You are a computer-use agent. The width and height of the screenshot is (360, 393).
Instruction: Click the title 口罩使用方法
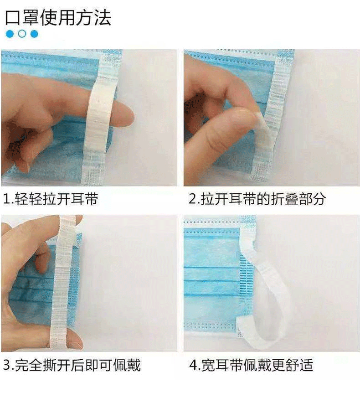point(58,17)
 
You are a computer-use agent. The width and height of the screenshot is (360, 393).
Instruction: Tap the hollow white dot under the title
point(22,34)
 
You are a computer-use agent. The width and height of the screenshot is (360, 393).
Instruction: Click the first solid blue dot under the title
point(10,34)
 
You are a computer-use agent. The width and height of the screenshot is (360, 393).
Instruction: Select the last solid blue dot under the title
point(34,34)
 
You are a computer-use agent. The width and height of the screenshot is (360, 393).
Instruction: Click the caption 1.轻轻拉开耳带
point(51,199)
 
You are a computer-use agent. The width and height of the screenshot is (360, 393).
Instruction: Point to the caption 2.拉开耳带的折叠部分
point(257,199)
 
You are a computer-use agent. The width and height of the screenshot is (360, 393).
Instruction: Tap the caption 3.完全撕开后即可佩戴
point(72,365)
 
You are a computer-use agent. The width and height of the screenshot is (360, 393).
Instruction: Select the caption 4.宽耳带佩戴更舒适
point(251,365)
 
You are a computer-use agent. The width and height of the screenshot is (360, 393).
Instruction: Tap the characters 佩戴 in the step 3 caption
point(127,365)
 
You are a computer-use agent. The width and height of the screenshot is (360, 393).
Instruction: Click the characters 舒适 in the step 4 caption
point(300,365)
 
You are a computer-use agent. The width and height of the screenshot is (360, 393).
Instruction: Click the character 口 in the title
point(12,18)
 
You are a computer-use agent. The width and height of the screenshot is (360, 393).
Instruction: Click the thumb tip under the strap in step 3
point(75,338)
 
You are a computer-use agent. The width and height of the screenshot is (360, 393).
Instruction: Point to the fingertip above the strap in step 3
point(75,220)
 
